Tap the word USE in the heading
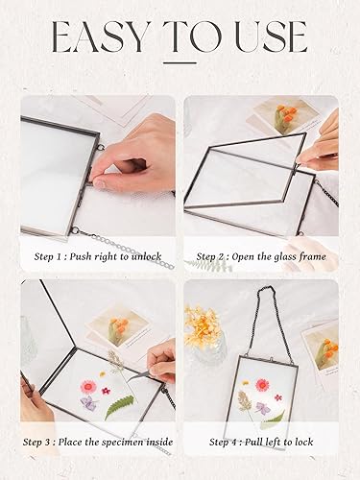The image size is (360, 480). point(271,37)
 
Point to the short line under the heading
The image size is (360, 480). point(180,62)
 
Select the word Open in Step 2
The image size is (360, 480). point(242,257)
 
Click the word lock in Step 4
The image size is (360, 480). point(303,442)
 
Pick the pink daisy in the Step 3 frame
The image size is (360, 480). point(88,387)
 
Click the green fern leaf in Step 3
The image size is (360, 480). point(119,406)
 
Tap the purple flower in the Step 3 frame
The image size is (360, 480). point(88,402)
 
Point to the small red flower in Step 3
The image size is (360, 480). point(106,391)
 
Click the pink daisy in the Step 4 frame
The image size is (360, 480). point(262,385)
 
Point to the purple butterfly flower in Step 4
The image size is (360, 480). point(262,407)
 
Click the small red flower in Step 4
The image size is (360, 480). point(278,397)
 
